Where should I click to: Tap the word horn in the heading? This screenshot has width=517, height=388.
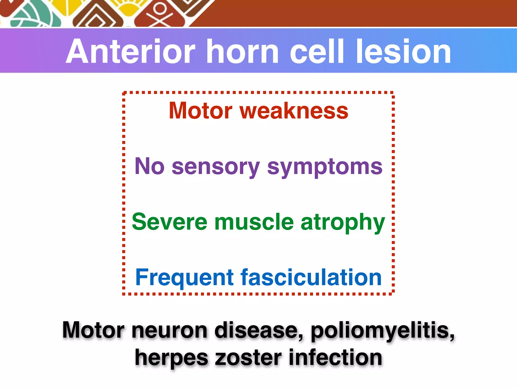pos(242,52)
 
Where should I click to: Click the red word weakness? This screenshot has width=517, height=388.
pos(294,111)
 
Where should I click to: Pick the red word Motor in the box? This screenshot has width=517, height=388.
pos(201,111)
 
